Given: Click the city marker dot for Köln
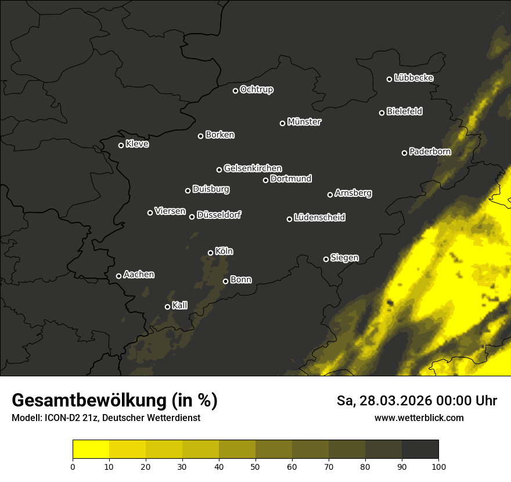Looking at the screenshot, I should [x=210, y=253].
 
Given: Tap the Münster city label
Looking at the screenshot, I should [x=304, y=122].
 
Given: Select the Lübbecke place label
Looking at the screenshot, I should [x=413, y=78].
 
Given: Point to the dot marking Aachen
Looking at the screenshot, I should [x=118, y=276].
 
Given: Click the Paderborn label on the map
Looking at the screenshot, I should [x=430, y=152].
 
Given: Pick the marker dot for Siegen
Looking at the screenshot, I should [x=326, y=259].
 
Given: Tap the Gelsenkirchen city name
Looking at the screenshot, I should [x=253, y=168].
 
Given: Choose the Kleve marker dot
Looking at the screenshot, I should [x=121, y=145].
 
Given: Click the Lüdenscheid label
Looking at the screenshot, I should [x=319, y=218].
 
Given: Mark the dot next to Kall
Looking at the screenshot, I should [x=167, y=307].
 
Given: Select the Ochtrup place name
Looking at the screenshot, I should [x=256, y=89].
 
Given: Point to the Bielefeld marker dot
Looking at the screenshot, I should [x=382, y=113].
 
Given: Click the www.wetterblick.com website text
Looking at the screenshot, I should [x=419, y=418].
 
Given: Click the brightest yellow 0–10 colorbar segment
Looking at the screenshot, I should [x=91, y=449].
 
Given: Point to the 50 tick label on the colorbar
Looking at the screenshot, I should [x=255, y=466].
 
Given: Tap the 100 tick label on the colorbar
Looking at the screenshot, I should [x=438, y=466].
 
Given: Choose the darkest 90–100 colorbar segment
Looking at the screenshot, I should [x=420, y=449].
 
